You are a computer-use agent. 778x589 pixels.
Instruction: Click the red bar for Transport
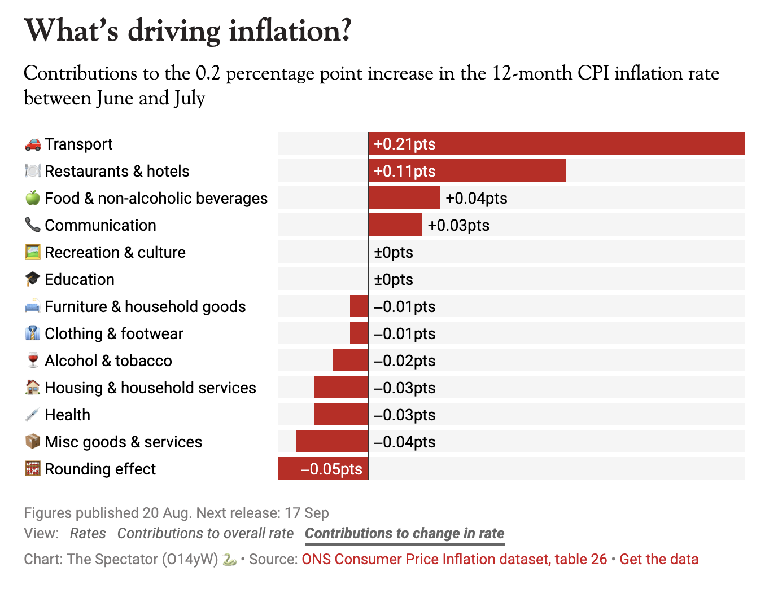tap(556, 143)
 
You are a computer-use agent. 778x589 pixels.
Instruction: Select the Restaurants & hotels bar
tap(466, 170)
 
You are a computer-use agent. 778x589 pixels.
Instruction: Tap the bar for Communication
tap(395, 225)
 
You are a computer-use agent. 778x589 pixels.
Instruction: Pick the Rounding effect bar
tap(323, 468)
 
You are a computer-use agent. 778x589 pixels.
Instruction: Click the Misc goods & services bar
tap(332, 441)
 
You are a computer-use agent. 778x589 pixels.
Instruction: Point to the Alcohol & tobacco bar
tap(350, 360)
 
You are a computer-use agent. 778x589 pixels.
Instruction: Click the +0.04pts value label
tap(476, 198)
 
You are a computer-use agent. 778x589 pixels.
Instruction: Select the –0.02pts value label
tap(404, 361)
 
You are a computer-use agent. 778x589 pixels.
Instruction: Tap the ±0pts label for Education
tap(393, 279)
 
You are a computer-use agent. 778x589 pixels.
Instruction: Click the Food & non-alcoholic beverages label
tap(156, 198)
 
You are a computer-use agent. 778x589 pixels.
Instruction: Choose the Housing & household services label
tap(150, 388)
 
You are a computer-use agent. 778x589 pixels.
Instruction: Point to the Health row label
tap(67, 415)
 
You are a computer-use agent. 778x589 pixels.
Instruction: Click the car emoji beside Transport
tap(33, 144)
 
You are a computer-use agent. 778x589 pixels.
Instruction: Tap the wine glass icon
tap(33, 361)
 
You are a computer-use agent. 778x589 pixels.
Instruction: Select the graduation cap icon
tap(33, 279)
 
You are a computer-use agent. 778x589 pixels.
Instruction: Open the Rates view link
tap(88, 533)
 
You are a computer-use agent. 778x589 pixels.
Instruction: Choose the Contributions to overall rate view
tap(206, 533)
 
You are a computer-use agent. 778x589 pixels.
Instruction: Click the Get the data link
tap(659, 559)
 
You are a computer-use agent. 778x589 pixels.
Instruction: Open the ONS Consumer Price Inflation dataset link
tap(454, 559)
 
